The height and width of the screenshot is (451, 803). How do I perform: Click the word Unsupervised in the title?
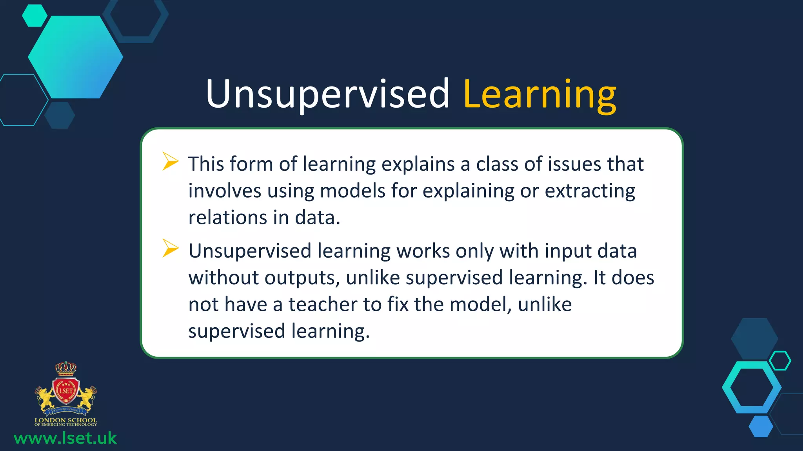[327, 94]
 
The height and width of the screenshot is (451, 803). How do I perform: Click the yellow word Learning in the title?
[540, 94]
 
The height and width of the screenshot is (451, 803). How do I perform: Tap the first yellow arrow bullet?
[170, 161]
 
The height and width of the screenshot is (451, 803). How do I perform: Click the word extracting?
[590, 191]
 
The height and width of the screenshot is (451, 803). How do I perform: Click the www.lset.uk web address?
[65, 438]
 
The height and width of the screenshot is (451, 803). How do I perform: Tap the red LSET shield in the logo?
[66, 390]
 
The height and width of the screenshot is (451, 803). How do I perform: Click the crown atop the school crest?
[65, 368]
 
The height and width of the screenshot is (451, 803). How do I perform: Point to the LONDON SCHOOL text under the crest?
[65, 420]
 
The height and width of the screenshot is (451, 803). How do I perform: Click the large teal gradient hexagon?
[75, 57]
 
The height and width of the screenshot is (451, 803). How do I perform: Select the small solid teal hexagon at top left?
[35, 16]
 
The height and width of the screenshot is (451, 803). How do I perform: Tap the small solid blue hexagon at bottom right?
[761, 426]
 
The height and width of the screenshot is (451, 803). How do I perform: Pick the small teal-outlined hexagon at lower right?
[780, 361]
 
